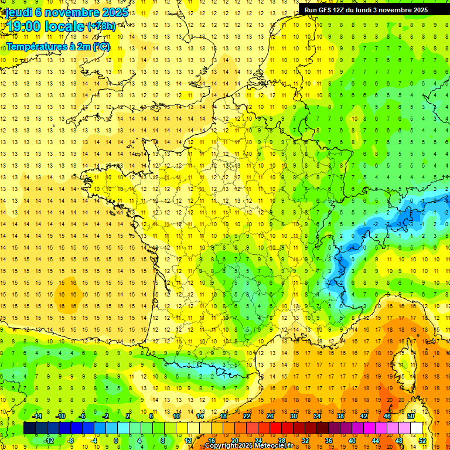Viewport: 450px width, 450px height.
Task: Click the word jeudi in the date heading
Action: click(x=19, y=12)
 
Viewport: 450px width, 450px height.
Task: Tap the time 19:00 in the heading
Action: click(x=25, y=26)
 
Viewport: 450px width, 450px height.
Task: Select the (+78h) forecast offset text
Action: click(x=101, y=26)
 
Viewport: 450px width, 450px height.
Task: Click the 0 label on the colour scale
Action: click(x=116, y=440)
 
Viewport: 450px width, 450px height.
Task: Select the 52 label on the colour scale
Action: click(x=422, y=440)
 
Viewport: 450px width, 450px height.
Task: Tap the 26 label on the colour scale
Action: click(x=270, y=416)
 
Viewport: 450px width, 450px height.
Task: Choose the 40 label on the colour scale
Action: click(x=352, y=440)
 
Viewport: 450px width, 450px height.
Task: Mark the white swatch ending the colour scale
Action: click(x=416, y=428)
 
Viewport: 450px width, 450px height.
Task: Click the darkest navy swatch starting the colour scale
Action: click(x=29, y=428)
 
